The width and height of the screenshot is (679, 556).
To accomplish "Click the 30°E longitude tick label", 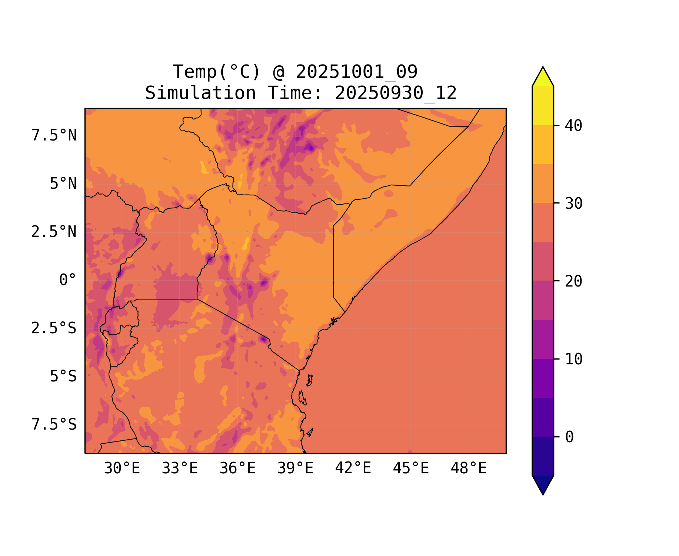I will [x=122, y=469].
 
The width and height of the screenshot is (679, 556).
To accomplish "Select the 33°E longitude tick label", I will [x=180, y=469].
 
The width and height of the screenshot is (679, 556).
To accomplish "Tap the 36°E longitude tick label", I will [x=237, y=469].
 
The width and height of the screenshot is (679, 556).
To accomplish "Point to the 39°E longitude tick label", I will [x=295, y=469].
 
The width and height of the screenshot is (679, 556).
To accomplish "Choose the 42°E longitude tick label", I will [x=353, y=468].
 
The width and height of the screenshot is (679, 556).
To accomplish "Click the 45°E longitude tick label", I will [x=411, y=469].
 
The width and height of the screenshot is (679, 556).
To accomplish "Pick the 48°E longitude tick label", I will [x=469, y=469].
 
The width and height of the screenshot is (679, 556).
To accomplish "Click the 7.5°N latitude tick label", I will [x=54, y=136].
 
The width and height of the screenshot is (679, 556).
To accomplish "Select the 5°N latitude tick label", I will [x=63, y=184].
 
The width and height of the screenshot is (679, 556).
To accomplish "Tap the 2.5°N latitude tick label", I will [x=54, y=232].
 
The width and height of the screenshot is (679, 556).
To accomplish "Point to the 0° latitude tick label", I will [x=68, y=280].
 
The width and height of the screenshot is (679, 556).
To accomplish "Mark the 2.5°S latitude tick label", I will [x=54, y=328].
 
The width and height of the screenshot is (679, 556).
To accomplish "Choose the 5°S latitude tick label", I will [x=63, y=376].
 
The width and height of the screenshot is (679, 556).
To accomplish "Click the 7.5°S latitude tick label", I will [x=54, y=424].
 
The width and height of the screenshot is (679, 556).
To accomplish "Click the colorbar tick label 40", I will [x=573, y=126].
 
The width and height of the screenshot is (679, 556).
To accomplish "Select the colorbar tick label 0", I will [x=569, y=437].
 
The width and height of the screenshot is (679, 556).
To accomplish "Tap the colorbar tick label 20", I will [x=573, y=281].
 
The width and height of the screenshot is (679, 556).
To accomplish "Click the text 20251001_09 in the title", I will [x=356, y=72].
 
